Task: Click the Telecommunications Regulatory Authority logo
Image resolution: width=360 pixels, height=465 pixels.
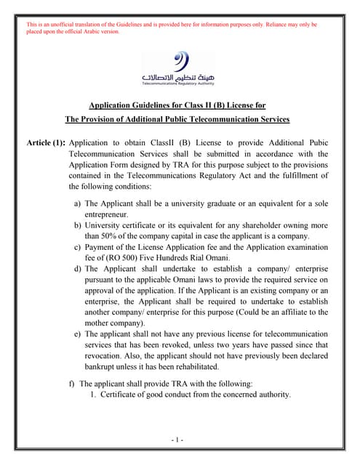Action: [x=179, y=70]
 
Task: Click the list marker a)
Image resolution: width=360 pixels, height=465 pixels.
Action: [x=77, y=205]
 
